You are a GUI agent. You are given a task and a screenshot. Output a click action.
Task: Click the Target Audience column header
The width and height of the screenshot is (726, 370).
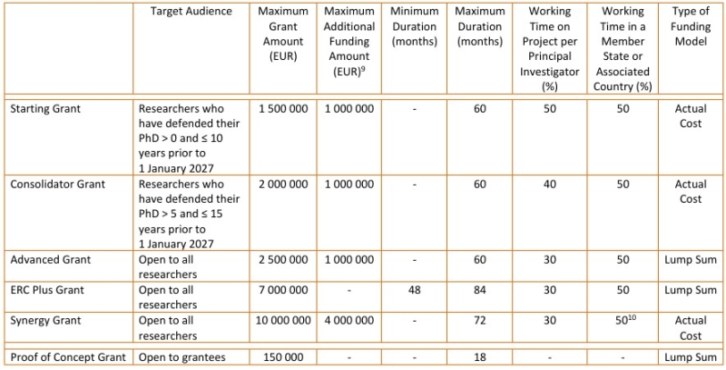[191, 12]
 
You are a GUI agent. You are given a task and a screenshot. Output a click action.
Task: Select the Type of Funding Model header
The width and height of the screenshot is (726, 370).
[691, 26]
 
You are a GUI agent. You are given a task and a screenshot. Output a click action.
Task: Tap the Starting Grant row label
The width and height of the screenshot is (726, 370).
[45, 109]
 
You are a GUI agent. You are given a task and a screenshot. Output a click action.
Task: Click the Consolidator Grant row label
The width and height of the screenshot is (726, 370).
[58, 184]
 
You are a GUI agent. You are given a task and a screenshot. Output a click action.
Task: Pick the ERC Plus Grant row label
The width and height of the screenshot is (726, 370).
[47, 290]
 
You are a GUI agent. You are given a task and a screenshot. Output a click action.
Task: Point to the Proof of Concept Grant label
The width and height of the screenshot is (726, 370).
[68, 357]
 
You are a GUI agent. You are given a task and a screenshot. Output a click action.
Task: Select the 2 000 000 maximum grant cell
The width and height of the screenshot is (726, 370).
[282, 184]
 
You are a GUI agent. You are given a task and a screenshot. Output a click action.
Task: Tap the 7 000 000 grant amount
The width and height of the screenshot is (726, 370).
[282, 290]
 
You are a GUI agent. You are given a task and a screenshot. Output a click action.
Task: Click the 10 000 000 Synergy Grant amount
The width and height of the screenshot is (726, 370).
[282, 320]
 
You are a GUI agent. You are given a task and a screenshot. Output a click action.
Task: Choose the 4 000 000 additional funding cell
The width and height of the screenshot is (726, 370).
[348, 320]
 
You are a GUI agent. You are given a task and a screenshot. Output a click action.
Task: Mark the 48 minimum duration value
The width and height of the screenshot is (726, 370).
[415, 290]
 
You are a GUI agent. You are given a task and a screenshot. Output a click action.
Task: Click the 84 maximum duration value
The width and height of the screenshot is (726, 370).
[480, 290]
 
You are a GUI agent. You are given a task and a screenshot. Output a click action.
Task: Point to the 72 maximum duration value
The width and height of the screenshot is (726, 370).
[480, 320]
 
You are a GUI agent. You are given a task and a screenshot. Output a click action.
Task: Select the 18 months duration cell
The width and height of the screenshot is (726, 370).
[480, 357]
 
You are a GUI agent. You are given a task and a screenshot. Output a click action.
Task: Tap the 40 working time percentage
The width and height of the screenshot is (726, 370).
[550, 184]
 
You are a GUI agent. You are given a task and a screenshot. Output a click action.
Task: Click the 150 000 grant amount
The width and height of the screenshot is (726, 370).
[282, 357]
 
